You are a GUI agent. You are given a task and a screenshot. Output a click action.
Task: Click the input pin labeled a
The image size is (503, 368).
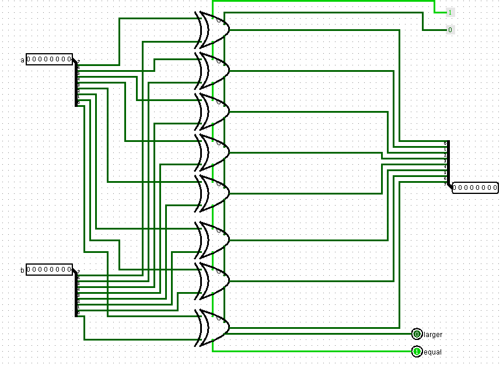point(49,60)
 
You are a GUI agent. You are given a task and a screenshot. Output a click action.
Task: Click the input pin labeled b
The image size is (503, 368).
point(49,270)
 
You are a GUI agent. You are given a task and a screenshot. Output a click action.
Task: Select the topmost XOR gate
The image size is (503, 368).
point(214,29)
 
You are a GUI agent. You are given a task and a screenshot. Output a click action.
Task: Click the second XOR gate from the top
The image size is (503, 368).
point(214,70)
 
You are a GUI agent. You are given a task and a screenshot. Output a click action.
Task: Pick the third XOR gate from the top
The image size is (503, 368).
point(214,111)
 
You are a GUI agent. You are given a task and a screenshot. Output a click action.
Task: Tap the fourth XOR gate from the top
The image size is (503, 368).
point(214,152)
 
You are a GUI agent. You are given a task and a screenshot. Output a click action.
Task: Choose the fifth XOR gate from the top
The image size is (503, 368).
point(214,193)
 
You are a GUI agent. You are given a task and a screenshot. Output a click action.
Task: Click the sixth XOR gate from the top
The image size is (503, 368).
point(214,239)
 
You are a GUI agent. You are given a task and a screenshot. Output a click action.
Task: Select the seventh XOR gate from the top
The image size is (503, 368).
point(214,280)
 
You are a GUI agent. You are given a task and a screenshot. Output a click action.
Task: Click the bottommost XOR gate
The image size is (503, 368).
point(214,327)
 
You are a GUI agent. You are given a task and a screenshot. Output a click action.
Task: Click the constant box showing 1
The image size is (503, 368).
point(450,12)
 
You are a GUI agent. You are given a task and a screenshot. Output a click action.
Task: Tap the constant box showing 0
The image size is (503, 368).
point(450,30)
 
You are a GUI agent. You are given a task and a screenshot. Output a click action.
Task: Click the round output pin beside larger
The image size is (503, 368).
point(417,334)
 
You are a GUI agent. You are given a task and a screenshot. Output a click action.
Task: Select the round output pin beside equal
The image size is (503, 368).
point(417,352)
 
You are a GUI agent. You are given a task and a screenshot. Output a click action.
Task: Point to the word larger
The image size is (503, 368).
point(433,335)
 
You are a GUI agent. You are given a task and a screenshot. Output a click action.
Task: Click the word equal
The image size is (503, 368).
point(432,352)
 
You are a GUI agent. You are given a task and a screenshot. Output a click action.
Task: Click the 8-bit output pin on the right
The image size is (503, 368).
point(475,188)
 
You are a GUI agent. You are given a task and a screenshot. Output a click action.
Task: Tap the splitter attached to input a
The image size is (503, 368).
point(76,82)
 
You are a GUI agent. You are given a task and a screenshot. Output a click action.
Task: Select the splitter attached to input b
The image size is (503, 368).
point(76,293)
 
